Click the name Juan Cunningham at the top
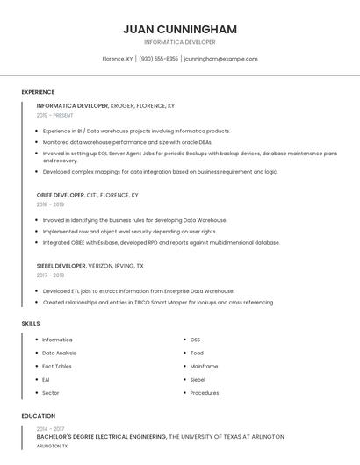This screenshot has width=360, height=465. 180,29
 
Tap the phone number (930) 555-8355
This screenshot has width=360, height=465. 158,59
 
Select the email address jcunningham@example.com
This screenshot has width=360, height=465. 220,59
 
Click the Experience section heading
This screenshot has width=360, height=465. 38,92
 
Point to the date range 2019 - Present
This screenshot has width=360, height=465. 55,115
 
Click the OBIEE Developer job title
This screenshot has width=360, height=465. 61,195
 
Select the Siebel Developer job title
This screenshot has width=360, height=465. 61,266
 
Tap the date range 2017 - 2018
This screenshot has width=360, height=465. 51,275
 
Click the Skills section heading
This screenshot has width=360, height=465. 31,324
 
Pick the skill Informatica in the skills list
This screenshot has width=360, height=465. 57,340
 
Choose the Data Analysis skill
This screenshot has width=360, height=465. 59,353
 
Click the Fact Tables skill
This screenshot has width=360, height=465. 57,366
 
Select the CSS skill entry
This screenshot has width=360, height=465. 195,340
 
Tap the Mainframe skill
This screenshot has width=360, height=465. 204,366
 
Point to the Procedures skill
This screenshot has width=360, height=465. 205,393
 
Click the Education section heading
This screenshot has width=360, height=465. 38,416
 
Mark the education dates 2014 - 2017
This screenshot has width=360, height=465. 51,428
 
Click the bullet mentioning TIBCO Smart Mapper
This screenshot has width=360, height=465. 158,303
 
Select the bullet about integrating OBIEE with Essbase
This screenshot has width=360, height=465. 161,242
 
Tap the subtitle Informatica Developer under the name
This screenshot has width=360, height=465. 180,42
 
